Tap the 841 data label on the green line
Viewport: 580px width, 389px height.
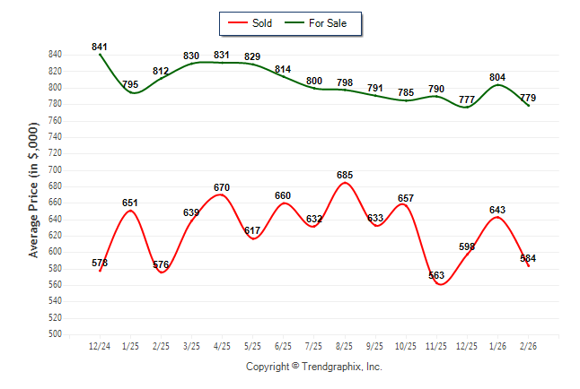100,47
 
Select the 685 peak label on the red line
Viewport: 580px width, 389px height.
344,174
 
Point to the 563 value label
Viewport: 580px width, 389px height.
436,276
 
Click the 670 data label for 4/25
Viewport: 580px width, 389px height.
222,187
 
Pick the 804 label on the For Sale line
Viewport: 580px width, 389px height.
498,77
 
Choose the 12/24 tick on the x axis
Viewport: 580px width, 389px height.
100,345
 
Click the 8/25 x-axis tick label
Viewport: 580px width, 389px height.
344,345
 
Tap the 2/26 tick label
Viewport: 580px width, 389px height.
528,345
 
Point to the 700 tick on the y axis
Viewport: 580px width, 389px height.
56,169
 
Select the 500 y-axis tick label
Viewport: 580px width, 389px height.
56,334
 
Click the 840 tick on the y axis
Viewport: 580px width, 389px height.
56,55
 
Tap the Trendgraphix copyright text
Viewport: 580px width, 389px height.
314,367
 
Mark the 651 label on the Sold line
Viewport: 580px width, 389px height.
130,203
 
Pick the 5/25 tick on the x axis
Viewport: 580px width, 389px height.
252,345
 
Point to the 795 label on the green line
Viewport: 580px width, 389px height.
130,85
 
